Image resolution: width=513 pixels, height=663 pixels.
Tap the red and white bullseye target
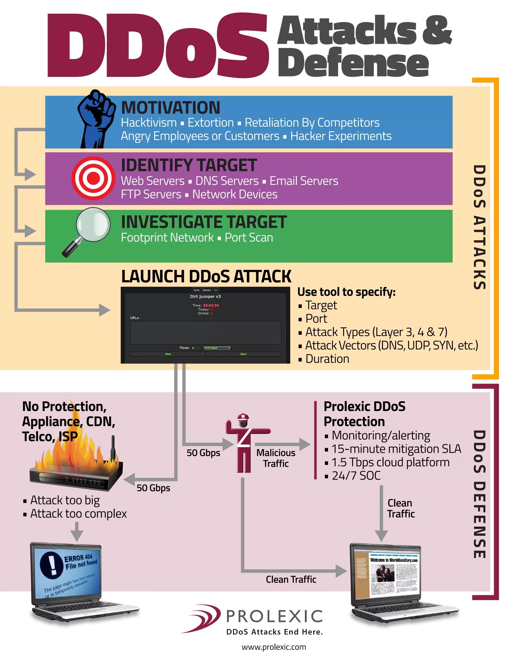pos(93,178)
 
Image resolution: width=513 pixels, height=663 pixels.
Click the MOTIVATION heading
pos(171,108)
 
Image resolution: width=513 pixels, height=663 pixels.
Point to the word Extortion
pos(211,123)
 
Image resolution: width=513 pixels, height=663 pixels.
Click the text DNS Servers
pos(227,181)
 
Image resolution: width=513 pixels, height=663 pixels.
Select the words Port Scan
pos(248,238)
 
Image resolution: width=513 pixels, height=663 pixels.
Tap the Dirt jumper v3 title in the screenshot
pos(205,296)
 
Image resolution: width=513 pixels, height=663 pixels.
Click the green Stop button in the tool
pos(168,354)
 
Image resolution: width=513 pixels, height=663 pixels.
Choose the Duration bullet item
pos(327,359)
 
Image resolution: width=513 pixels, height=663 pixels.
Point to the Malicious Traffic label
pos(276,458)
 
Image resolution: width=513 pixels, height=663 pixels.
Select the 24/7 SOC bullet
pos(356,476)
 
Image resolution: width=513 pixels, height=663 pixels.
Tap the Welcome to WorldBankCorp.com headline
pos(394,560)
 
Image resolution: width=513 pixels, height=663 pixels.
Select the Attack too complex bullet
pos(78,514)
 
